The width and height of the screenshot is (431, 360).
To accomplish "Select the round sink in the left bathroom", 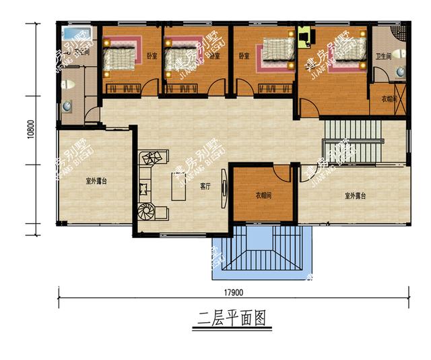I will click(x=67, y=106).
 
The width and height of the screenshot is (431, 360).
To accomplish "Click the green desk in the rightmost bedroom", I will click(x=304, y=36).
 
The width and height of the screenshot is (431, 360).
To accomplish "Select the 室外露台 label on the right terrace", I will click(x=355, y=196).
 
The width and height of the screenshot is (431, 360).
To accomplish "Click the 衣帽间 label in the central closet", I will click(x=263, y=196).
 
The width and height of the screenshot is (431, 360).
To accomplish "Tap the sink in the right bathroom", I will click(x=399, y=70).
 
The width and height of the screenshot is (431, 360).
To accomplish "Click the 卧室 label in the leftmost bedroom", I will click(x=152, y=56).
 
